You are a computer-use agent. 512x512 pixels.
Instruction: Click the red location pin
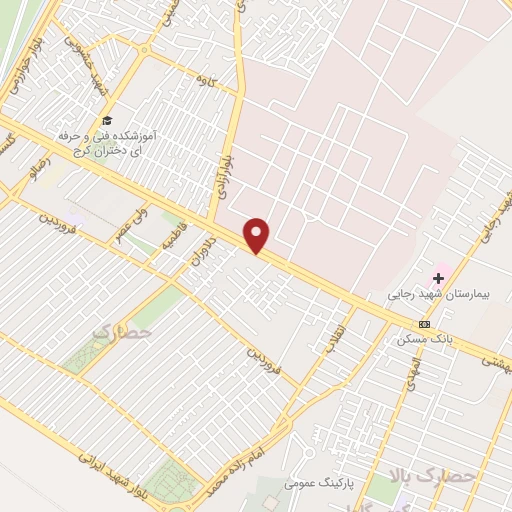(x=257, y=234)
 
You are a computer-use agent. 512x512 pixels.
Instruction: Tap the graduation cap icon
(x=107, y=120)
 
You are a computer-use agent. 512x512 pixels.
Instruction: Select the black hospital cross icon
(x=438, y=277)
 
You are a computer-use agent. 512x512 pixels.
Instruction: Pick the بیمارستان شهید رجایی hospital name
(x=426, y=296)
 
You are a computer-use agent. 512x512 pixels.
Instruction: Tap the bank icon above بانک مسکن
(x=425, y=324)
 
